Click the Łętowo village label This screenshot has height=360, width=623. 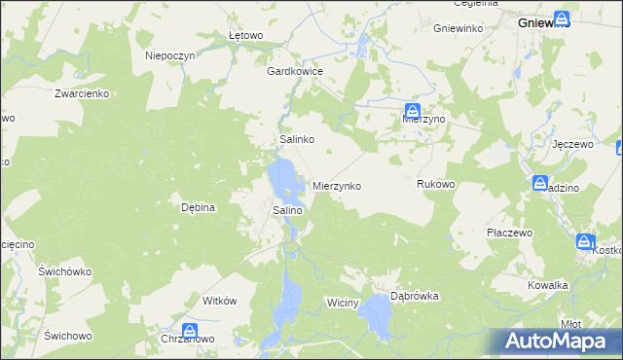[246, 36]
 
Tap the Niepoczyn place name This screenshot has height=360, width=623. [170, 56]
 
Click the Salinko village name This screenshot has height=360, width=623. [297, 140]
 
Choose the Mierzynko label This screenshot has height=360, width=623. [337, 185]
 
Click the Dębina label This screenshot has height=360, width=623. [198, 207]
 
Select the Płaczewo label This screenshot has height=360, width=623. [510, 234]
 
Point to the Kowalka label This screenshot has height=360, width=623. [548, 285]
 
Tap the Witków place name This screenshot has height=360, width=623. [219, 302]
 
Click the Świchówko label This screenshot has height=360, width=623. [65, 271]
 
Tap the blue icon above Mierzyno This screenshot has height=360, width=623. [413, 111]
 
